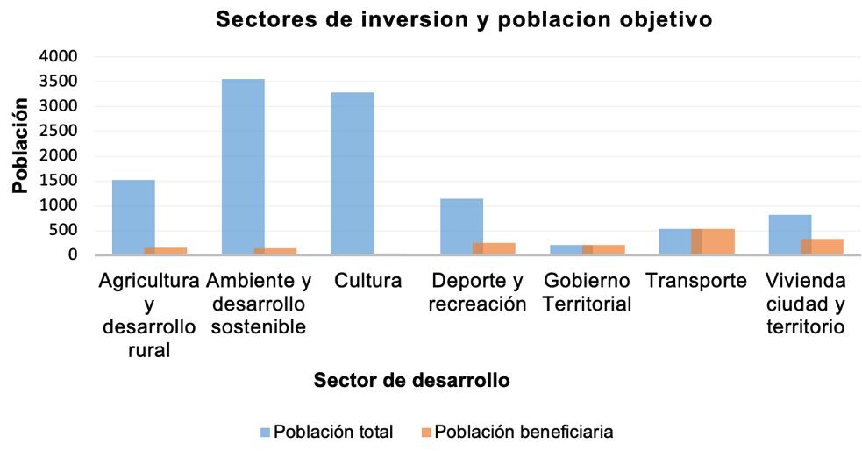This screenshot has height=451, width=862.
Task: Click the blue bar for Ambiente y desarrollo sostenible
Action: click(243, 167)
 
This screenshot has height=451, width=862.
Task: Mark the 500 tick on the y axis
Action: click(65, 231)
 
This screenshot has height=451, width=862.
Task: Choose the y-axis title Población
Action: click(20, 146)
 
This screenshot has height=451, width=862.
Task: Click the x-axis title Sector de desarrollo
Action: click(412, 381)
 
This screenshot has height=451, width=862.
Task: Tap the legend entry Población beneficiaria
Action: click(523, 432)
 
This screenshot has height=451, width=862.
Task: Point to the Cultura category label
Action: click(367, 282)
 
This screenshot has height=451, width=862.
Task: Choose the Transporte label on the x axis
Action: click(696, 282)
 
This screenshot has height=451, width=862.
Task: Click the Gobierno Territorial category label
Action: click(587, 293)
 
